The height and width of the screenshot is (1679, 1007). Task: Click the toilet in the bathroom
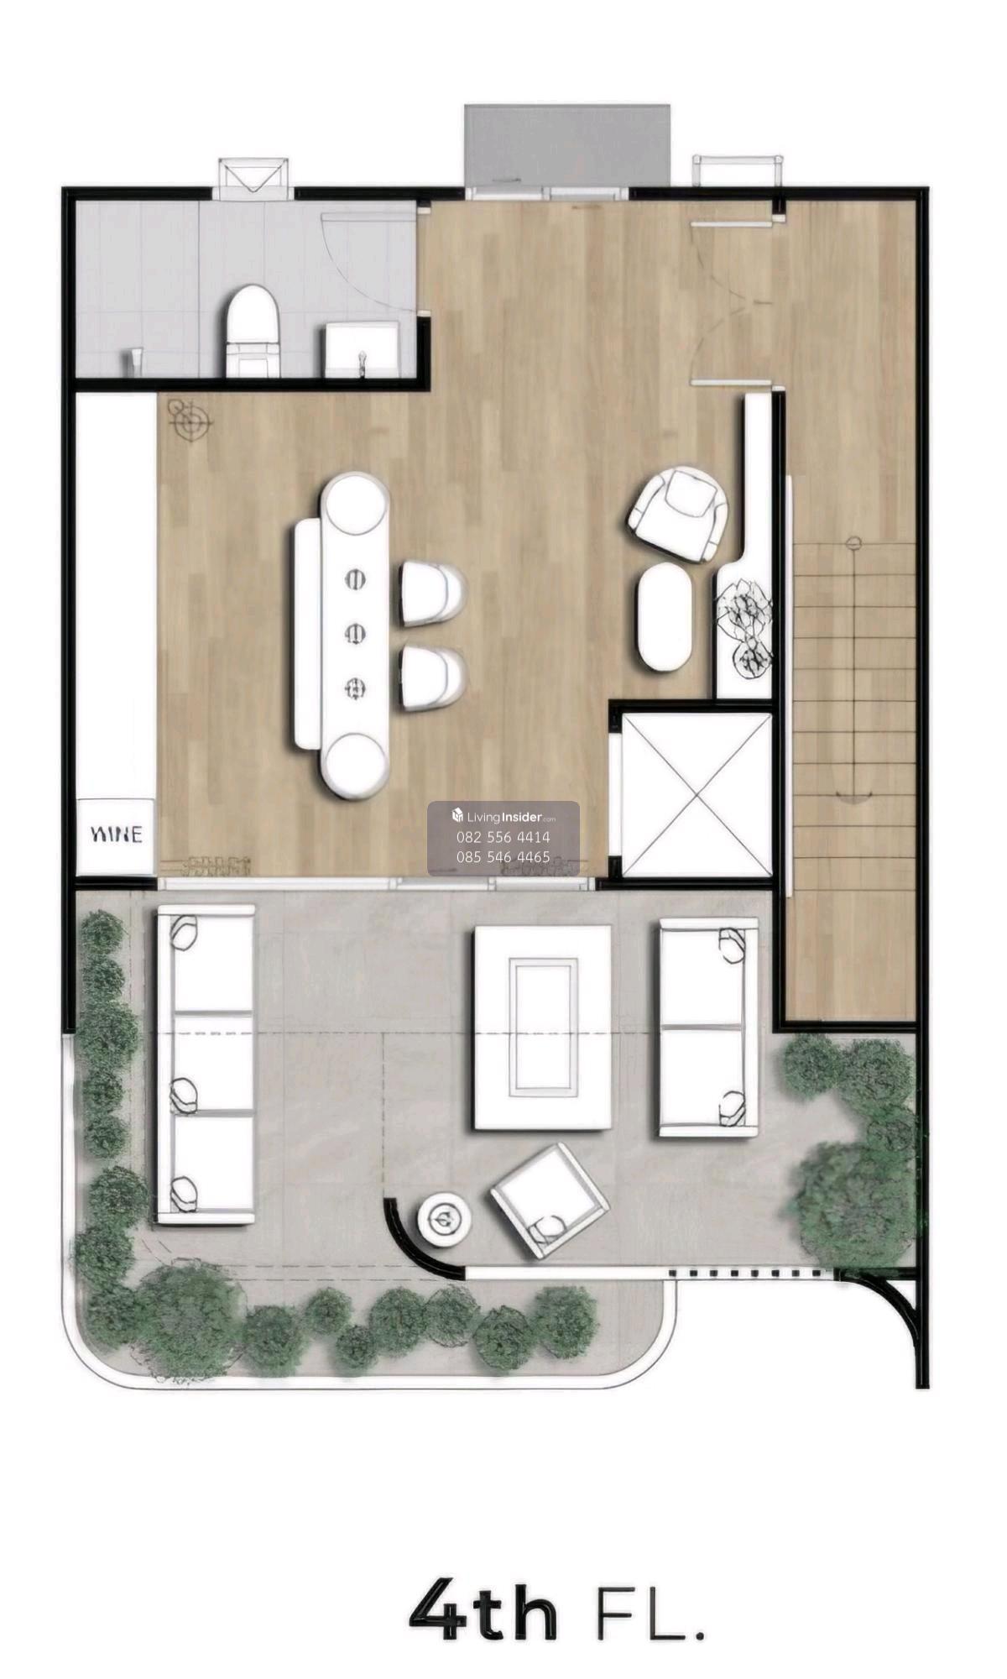(x=252, y=331)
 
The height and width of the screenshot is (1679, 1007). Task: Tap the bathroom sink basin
(x=363, y=350)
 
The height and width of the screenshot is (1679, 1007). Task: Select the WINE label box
(x=117, y=835)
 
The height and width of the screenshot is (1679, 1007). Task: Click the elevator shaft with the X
(x=696, y=794)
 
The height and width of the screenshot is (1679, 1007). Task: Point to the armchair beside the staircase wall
(x=678, y=514)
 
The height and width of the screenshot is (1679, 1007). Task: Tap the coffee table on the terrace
(x=543, y=1028)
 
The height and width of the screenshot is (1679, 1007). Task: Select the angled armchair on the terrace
(x=550, y=1200)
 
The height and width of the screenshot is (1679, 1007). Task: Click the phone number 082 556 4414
(x=503, y=837)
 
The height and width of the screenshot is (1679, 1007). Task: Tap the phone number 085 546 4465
(x=503, y=857)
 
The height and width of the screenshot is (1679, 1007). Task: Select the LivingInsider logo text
(x=503, y=816)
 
